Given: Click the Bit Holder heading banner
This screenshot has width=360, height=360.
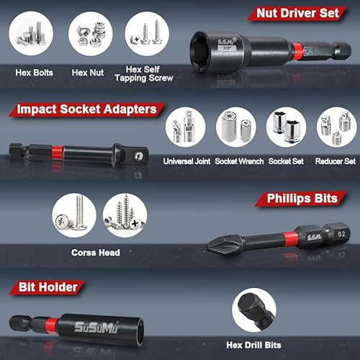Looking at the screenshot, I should coord(45,288).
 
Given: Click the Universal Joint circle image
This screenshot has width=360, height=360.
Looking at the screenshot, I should coord(186,127).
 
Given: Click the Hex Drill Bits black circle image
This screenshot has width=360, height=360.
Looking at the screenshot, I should coord(253,310).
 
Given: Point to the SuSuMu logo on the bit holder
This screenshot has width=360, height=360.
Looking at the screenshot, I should coord(96,327).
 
